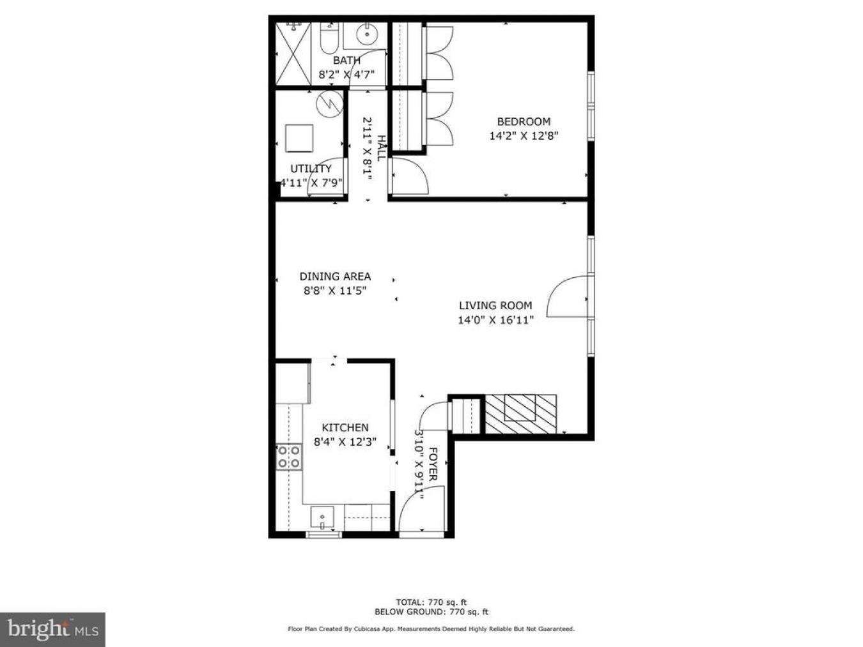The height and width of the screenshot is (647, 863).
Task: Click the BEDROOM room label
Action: pos(524,121)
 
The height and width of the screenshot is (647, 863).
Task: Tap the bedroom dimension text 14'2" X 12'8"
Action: pos(524,136)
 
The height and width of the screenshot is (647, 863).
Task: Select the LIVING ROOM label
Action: pos(495,305)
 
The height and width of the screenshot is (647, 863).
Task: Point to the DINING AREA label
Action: pos(335,276)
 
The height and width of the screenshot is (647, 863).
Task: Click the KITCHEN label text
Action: pos(345,427)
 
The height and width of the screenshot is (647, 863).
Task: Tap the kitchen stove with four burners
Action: pos(289,457)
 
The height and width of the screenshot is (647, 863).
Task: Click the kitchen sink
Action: pos(322,517)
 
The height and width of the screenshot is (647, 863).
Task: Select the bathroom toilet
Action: pos(329,38)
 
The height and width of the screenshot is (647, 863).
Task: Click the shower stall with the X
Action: pos(293,54)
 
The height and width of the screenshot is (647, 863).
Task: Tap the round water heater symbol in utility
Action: pos(329,104)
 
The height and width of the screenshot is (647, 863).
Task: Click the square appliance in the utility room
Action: pos(299,138)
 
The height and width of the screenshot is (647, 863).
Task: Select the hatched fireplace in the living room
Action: pos(520,414)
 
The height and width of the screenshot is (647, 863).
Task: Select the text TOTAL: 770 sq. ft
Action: pos(431,602)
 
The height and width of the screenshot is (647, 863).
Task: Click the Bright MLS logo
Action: pos(52,629)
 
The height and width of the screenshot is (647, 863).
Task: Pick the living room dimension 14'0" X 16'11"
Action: pos(495,320)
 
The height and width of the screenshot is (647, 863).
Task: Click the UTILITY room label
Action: pos(311,169)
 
